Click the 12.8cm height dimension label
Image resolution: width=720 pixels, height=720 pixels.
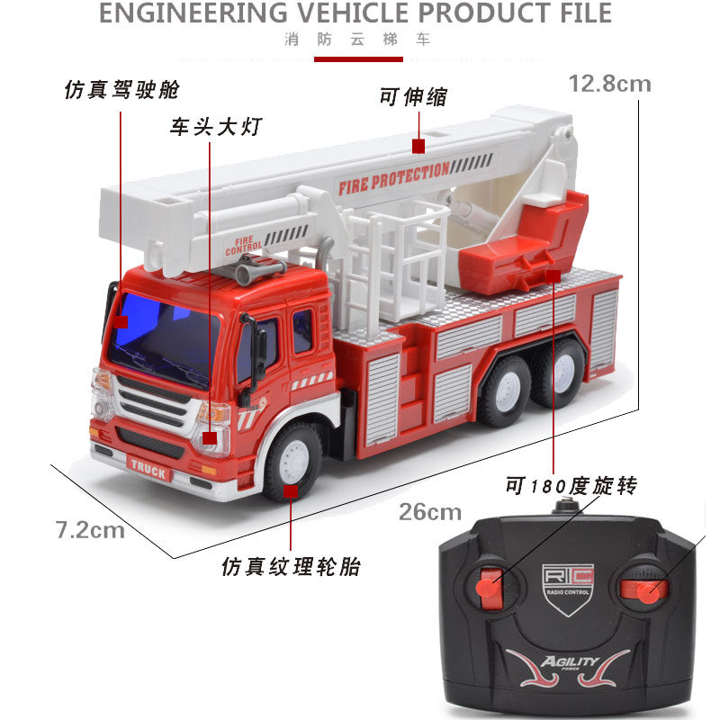tap(610, 84)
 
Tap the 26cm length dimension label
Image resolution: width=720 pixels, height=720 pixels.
tap(430, 512)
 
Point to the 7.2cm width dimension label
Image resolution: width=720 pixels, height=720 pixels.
tap(90, 530)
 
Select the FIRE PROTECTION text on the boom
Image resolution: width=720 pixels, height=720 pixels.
tap(394, 178)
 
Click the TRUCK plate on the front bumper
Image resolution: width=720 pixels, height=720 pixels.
tap(148, 469)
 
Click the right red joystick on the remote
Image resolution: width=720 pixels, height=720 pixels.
tap(643, 590)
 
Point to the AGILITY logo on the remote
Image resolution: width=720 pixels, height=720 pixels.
tap(570, 662)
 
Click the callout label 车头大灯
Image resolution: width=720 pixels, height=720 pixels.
tap(216, 126)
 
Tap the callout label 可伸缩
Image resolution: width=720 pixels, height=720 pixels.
tap(413, 97)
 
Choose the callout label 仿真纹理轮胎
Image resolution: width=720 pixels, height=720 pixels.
tap(291, 567)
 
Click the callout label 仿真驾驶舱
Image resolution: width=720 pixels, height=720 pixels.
tap(121, 89)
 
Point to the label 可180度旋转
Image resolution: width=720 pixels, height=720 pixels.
tap(571, 485)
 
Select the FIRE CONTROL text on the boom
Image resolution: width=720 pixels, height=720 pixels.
tap(243, 247)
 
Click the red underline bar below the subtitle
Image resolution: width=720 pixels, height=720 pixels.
tap(358, 59)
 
